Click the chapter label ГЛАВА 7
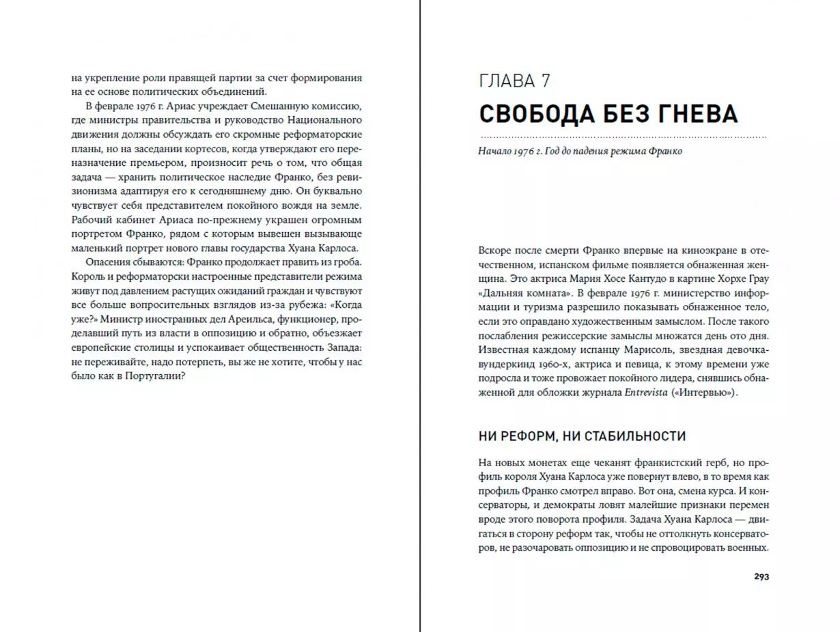[x=514, y=81]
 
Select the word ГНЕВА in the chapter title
[x=697, y=113]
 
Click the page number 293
[x=761, y=577]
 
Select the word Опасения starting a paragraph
[x=107, y=262]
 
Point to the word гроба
[x=345, y=262]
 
